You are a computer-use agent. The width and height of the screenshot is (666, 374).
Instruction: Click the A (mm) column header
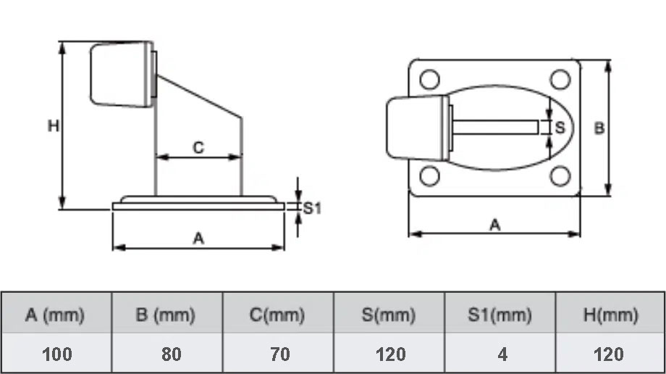click(x=55, y=315)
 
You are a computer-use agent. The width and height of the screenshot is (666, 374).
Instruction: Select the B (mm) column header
click(x=166, y=315)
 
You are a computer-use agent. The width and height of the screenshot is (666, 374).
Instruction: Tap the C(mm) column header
click(x=277, y=315)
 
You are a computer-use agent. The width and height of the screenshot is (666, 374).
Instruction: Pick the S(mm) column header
click(x=389, y=315)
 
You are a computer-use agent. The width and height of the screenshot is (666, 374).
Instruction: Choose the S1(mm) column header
click(x=500, y=315)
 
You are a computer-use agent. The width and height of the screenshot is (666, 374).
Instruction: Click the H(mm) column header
click(x=610, y=315)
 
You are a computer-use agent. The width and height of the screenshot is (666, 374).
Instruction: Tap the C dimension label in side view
click(x=198, y=147)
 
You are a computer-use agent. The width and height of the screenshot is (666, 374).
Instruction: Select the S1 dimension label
click(x=312, y=209)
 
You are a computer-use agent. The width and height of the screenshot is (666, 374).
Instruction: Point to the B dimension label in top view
click(x=599, y=128)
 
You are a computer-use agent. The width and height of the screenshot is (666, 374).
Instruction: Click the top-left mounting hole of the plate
click(x=429, y=79)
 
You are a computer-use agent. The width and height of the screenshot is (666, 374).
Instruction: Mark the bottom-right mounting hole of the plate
click(x=559, y=175)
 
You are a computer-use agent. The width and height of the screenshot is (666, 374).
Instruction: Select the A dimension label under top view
click(x=494, y=225)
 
